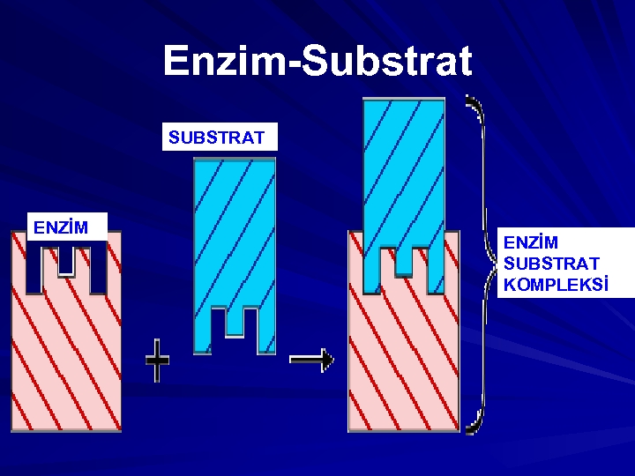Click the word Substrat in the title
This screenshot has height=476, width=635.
pyautogui.click(x=389, y=62)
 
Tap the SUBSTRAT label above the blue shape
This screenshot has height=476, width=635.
pyautogui.click(x=217, y=138)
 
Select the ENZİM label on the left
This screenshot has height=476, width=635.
pyautogui.click(x=61, y=228)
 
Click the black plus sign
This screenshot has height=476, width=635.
pyautogui.click(x=157, y=361)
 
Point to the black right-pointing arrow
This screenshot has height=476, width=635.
pyautogui.click(x=311, y=359)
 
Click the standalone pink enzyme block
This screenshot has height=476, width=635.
pyautogui.click(x=66, y=353)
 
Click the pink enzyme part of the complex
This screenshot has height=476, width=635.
pyautogui.click(x=404, y=361)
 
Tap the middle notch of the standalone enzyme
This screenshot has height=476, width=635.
pyautogui.click(x=66, y=259)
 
